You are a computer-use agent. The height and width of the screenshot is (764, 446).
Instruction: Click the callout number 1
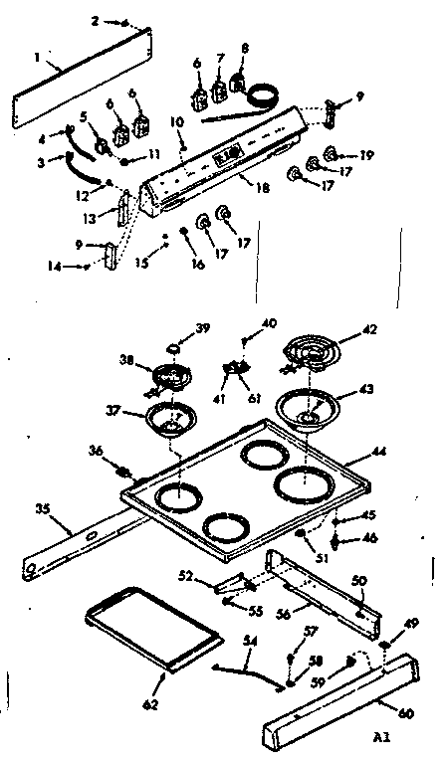[x=37, y=59]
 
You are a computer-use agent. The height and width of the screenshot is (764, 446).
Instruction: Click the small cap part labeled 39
[x=175, y=347]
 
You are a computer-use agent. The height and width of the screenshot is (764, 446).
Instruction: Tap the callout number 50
[x=359, y=579]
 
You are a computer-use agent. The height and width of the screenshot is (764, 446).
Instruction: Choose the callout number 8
[x=245, y=48]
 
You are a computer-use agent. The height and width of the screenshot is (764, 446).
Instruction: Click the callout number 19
[x=365, y=155]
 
